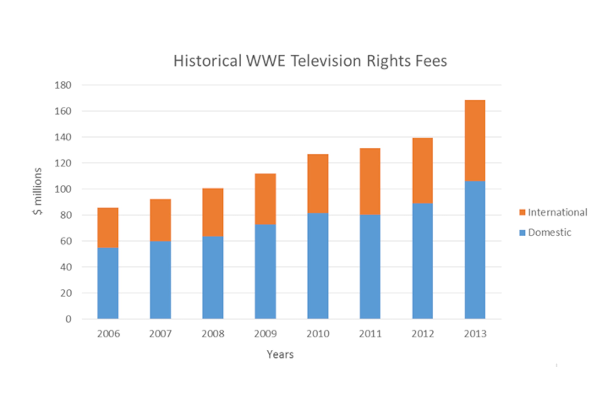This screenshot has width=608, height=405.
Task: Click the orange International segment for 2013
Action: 475,141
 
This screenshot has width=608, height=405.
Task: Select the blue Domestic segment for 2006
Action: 108,283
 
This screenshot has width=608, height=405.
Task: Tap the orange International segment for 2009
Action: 265,199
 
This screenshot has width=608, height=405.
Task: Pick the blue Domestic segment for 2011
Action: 370,267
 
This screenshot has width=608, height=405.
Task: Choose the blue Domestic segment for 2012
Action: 422,261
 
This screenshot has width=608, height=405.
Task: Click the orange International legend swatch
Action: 522,212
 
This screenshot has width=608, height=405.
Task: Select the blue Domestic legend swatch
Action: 522,233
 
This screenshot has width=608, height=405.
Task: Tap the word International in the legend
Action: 558,212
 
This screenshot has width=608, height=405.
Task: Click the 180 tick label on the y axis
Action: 63,85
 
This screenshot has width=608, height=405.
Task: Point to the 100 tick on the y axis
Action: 63,189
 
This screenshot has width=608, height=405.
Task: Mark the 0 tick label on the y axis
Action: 68,319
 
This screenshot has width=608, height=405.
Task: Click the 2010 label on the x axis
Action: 318,334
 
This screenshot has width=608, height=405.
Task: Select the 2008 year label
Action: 213,334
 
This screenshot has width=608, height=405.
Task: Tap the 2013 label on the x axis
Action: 475,334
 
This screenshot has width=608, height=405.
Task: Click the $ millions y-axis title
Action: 38,191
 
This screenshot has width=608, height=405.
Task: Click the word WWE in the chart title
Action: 266,61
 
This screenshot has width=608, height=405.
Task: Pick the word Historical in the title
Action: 208,61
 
